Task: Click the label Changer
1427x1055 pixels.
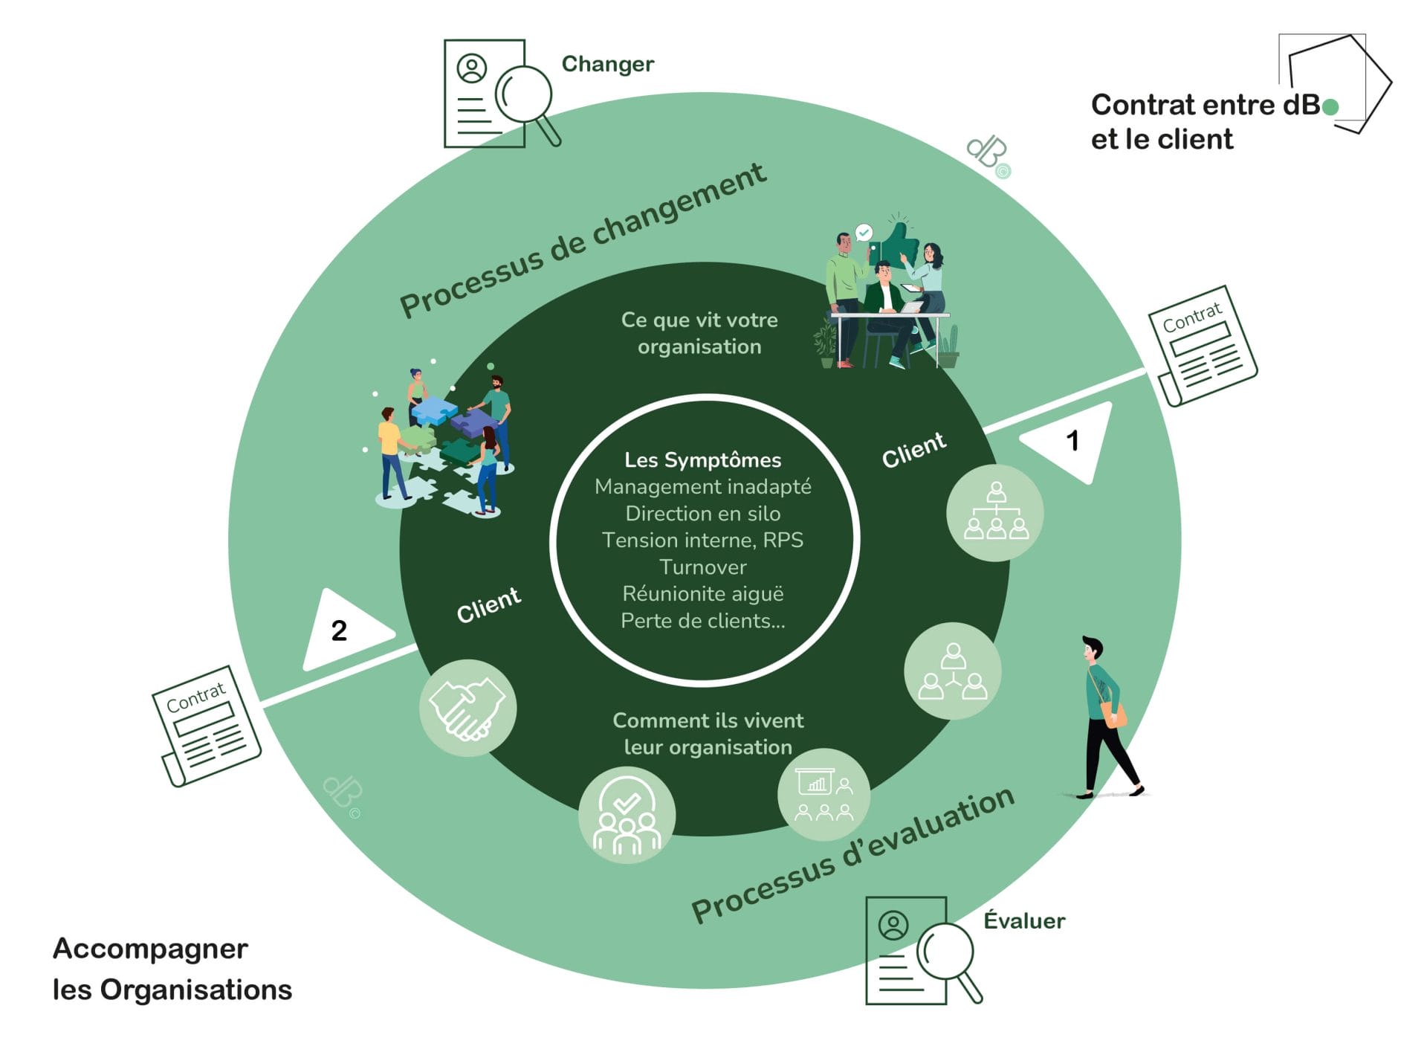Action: [x=607, y=64]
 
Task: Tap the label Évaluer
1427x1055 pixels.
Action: [x=1023, y=920]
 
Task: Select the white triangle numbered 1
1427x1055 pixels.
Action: [x=1071, y=440]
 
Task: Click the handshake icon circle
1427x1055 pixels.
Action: [x=467, y=708]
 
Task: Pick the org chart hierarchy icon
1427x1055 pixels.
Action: [x=995, y=512]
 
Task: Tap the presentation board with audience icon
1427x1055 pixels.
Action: [x=823, y=795]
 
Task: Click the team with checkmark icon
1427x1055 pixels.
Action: [x=627, y=815]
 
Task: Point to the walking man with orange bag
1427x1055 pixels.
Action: [x=1106, y=717]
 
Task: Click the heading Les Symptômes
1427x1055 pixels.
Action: [x=702, y=460]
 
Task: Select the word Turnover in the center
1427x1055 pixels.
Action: [x=702, y=567]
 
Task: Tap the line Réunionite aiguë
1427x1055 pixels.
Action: [x=702, y=594]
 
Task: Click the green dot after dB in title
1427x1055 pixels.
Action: [x=1331, y=107]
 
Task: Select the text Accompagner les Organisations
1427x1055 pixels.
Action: [x=172, y=969]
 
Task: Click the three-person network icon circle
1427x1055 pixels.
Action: [x=953, y=671]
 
